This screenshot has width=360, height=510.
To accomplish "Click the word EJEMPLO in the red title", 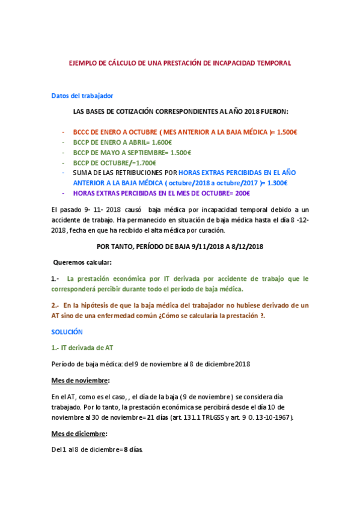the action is [x=82, y=63].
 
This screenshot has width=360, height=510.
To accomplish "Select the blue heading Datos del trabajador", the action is [x=82, y=96].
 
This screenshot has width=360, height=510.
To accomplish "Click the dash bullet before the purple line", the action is [x=63, y=193].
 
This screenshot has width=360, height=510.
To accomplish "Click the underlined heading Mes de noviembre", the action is [x=81, y=380].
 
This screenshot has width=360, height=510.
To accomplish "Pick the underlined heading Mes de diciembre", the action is [x=79, y=433].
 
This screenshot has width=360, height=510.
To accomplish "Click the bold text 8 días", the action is [x=133, y=450].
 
